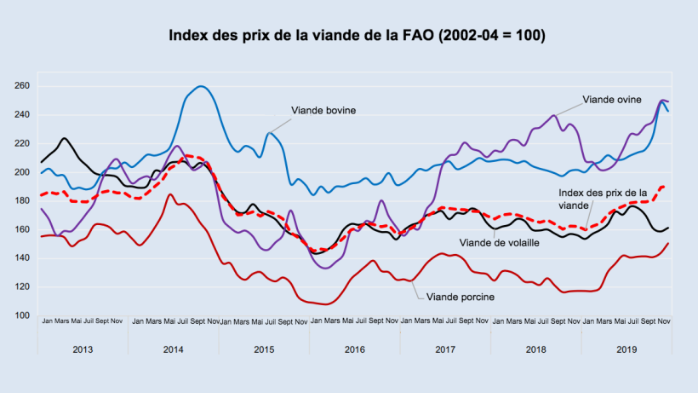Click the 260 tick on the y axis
point(22,86)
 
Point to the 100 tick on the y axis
point(22,315)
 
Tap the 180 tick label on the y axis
point(22,201)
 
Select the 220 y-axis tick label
point(22,144)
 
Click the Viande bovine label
point(323,110)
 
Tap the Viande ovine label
point(612,99)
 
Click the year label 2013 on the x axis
point(83,350)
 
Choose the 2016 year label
point(355,350)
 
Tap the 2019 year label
point(626,350)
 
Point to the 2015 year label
point(264,350)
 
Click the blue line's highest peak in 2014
point(201,86)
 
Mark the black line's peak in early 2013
point(65,138)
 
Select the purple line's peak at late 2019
point(662,100)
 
